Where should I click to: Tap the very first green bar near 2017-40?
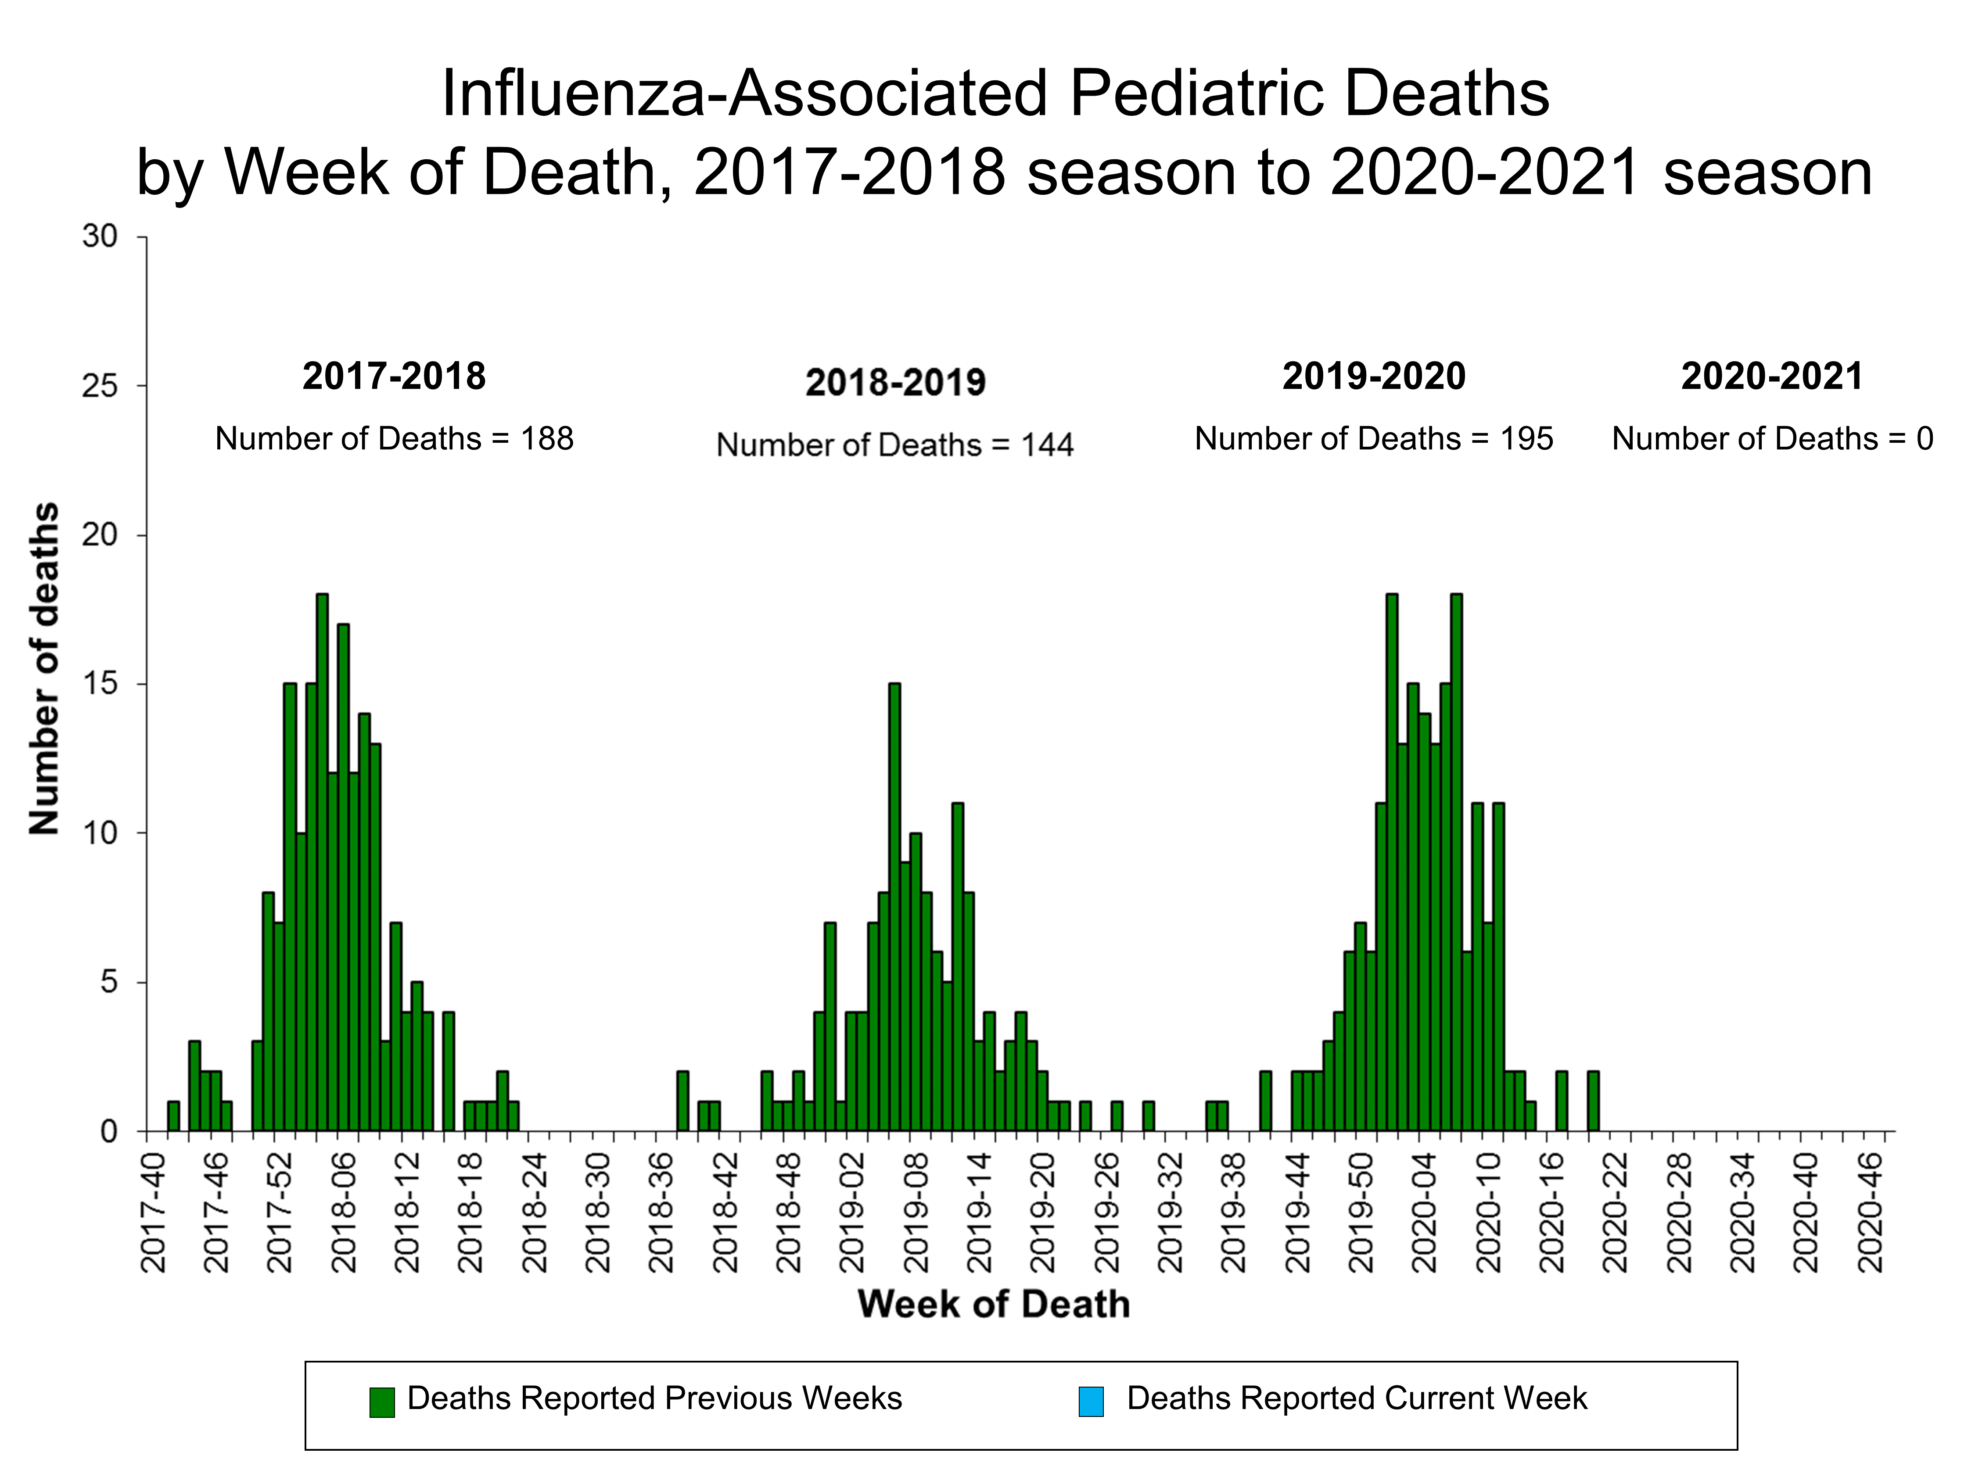173,1116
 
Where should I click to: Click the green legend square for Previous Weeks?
382,1402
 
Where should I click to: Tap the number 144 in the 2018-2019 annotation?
1047,445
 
